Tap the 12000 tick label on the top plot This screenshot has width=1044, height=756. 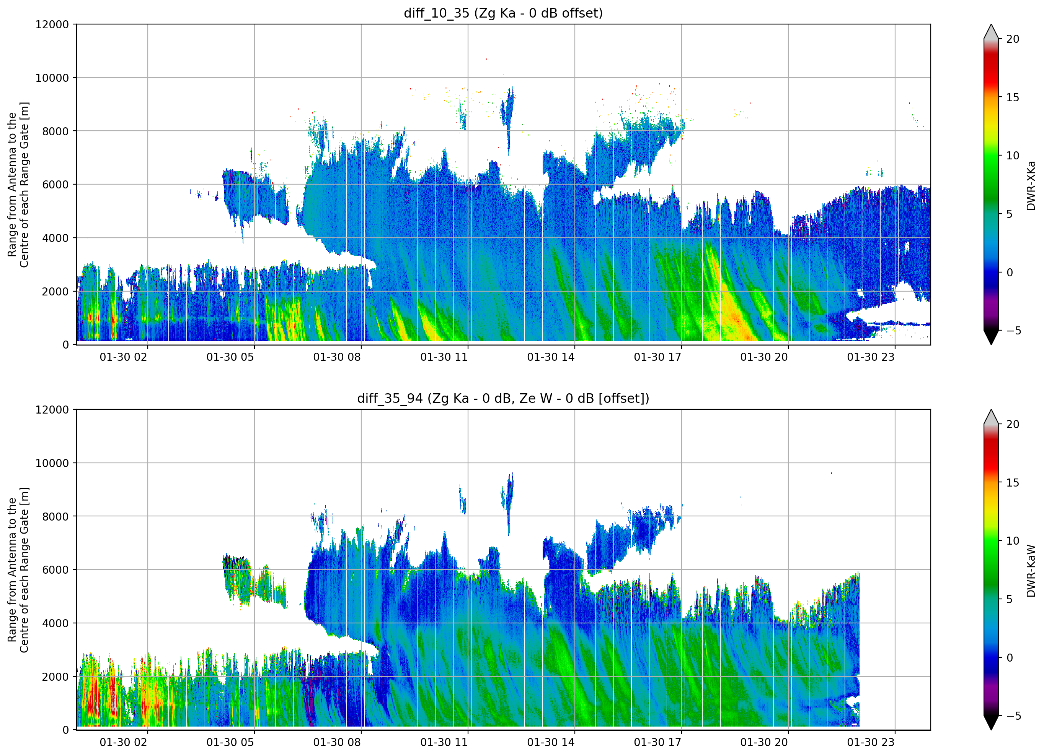pos(52,24)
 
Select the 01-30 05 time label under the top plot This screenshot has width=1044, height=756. pos(230,357)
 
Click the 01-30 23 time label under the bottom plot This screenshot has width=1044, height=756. pos(871,742)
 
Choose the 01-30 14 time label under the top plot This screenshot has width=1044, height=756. pos(551,357)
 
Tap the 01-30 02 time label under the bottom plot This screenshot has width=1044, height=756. pos(123,742)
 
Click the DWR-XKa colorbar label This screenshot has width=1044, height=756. pos(1031,185)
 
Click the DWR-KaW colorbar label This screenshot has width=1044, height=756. pos(1031,571)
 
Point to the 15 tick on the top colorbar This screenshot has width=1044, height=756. pos(1013,97)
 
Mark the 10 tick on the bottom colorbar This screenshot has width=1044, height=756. pos(1013,541)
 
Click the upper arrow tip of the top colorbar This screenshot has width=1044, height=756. pos(991,25)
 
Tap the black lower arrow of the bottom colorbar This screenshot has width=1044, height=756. pos(991,722)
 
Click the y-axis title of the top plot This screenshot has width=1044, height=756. pos(18,184)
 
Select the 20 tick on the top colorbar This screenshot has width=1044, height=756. pos(1013,39)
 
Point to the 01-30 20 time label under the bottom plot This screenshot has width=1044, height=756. pos(764,742)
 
